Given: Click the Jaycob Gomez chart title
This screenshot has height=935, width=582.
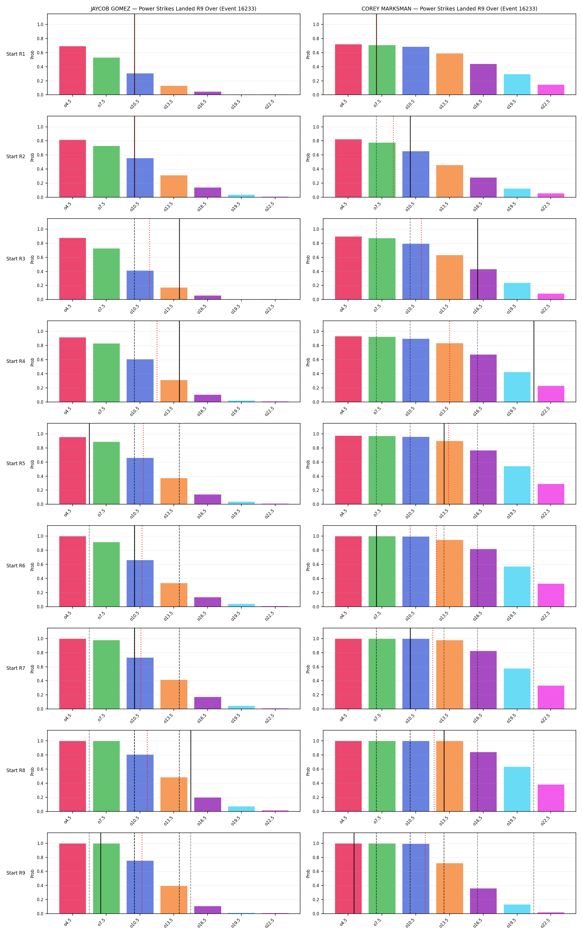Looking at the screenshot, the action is click(173, 9).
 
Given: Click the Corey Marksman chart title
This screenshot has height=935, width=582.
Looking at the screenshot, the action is click(449, 9).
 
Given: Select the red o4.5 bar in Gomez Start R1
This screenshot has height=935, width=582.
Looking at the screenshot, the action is click(72, 70).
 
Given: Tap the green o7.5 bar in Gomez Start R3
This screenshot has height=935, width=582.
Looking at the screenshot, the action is click(106, 274).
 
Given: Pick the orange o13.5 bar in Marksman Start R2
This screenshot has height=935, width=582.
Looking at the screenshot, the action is click(450, 181).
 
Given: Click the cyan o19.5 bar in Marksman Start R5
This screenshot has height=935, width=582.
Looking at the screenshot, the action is click(517, 485).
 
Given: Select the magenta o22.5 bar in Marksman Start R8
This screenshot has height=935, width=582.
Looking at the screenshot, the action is click(551, 798).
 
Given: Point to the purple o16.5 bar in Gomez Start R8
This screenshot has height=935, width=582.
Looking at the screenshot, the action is click(208, 804).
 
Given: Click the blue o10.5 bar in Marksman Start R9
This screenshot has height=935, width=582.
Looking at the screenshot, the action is click(416, 878).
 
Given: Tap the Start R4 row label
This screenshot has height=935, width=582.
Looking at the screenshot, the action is click(16, 361).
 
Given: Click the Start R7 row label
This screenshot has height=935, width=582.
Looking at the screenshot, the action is click(16, 668).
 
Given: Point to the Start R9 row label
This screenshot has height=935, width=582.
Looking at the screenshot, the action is click(16, 873).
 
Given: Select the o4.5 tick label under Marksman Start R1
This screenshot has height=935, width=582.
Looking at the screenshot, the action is click(343, 104).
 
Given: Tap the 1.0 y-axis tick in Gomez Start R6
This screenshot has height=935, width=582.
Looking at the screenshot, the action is click(40, 536).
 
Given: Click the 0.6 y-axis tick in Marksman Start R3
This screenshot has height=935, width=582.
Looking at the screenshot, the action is click(316, 257).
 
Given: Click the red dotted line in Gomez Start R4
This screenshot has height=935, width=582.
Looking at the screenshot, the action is click(157, 361).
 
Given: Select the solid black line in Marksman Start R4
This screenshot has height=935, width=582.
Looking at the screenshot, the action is click(534, 361).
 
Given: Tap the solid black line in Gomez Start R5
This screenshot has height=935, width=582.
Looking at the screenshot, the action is click(89, 464).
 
